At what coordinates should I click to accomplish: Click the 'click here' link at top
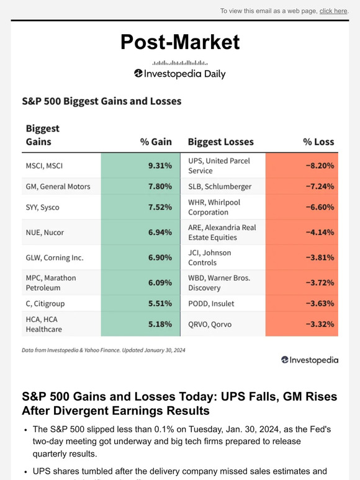[333, 11]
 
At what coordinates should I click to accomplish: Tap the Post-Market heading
[179, 42]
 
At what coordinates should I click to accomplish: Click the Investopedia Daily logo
[179, 73]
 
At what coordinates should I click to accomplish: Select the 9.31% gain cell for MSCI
[140, 166]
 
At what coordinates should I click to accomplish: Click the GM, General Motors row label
[58, 186]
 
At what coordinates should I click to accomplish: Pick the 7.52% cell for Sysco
[140, 207]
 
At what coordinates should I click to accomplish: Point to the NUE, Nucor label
[45, 233]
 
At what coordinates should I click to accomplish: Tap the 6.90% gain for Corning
[140, 257]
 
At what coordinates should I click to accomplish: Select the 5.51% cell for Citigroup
[140, 303]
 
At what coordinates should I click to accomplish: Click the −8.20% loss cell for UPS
[302, 166]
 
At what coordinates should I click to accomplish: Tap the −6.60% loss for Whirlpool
[302, 207]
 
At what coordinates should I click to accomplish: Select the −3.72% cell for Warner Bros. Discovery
[302, 282]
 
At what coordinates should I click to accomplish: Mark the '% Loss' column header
[318, 142]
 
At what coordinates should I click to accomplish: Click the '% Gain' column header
[156, 142]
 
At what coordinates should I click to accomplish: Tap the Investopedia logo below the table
[309, 360]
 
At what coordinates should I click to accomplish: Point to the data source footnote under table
[103, 350]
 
